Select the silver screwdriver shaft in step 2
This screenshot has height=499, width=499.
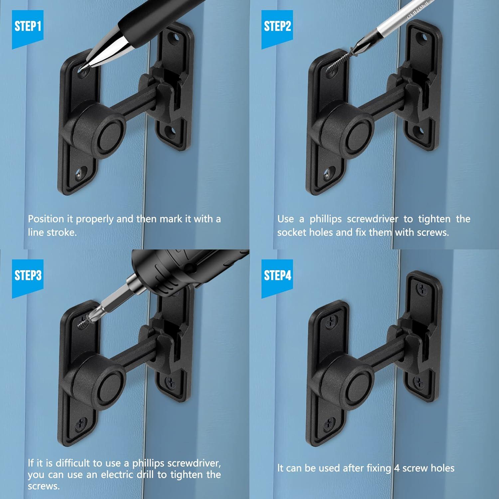click(x=396, y=23)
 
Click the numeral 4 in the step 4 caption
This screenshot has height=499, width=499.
click(x=397, y=468)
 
